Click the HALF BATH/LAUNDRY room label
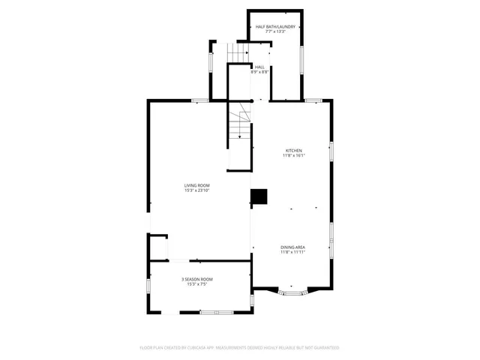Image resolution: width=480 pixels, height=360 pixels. tap(275, 27)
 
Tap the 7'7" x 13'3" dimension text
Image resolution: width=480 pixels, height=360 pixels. tap(275, 32)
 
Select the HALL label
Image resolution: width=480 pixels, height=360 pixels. tap(259, 67)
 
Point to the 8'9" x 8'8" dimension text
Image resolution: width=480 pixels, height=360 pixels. tap(259, 72)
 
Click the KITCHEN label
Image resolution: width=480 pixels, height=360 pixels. tap(292, 150)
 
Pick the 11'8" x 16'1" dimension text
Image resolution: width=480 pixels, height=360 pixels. tap(292, 155)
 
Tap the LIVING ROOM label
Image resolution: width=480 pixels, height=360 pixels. tap(197, 185)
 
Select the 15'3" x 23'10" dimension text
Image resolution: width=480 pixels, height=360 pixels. tap(197, 190)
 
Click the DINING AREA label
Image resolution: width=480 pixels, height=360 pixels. tap(292, 247)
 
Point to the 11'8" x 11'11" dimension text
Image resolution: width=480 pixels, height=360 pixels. tap(292, 252)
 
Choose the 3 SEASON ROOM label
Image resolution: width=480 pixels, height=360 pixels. tap(197, 279)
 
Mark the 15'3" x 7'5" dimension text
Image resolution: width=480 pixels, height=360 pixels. tap(197, 284)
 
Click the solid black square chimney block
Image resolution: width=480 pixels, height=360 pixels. tap(259, 196)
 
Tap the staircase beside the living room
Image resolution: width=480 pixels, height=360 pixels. tap(239, 124)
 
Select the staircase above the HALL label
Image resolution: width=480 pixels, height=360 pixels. tap(238, 52)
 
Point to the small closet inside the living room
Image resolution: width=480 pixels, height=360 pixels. tap(159, 247)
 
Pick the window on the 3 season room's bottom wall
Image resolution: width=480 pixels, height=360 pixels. tap(217, 312)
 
